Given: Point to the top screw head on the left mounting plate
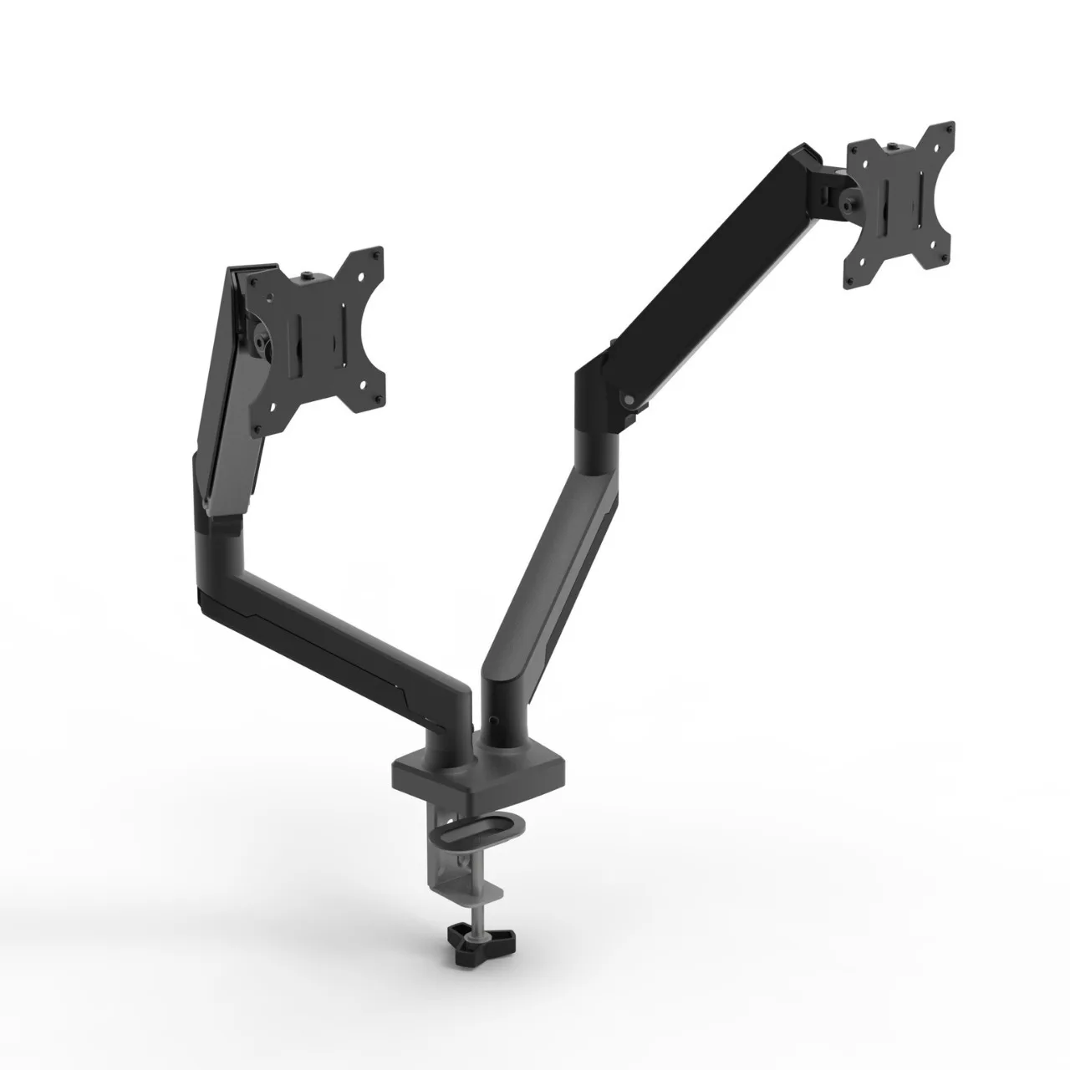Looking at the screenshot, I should [x=311, y=274].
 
